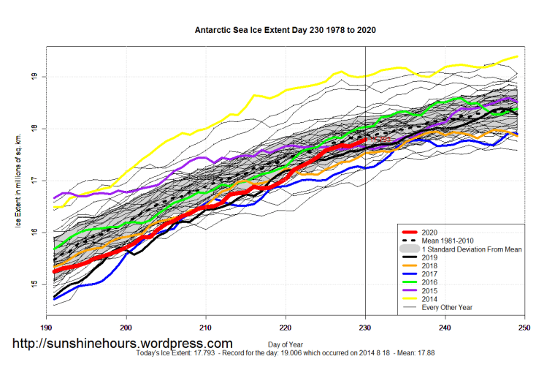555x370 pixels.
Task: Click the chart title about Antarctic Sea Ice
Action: (286, 31)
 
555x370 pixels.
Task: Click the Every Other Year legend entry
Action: (448, 308)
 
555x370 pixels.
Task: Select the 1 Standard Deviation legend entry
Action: (472, 249)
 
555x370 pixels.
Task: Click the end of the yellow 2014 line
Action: (517, 56)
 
